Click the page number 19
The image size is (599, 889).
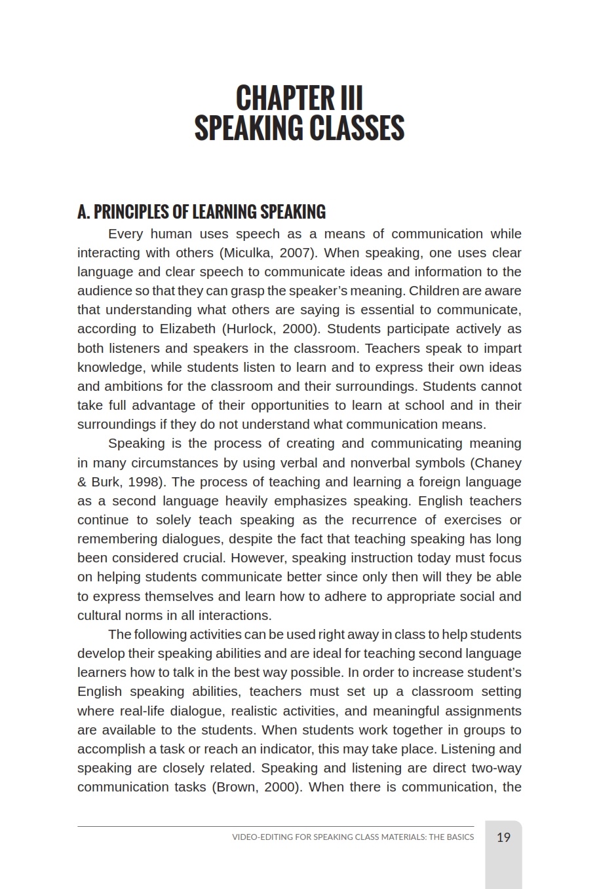[503, 837]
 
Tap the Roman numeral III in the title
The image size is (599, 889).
[351, 98]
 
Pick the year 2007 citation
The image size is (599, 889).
[298, 253]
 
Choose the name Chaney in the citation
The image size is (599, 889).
[497, 463]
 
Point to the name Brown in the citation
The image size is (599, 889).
[238, 787]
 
